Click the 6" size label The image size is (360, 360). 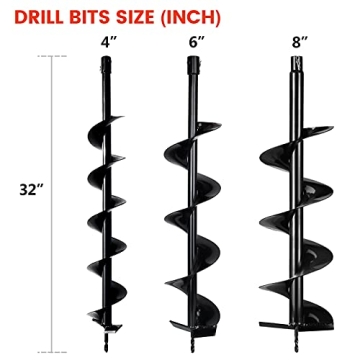tap(193, 45)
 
